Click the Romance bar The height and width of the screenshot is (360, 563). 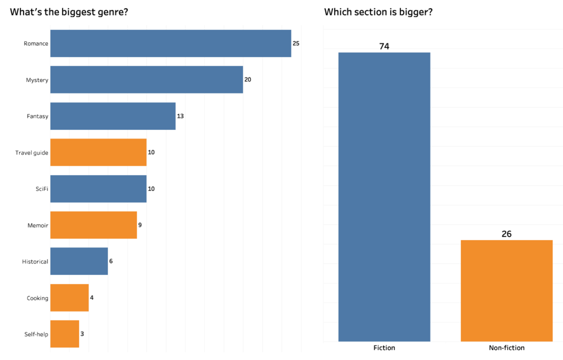click(170, 43)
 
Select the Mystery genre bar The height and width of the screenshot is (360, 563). click(146, 80)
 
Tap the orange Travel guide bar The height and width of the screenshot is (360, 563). click(98, 152)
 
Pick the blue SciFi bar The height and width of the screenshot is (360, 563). click(98, 189)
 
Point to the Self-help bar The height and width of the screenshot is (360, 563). click(65, 334)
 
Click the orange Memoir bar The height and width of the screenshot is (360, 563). click(93, 225)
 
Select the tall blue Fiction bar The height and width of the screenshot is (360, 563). click(384, 197)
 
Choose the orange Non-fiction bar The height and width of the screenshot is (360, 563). click(506, 291)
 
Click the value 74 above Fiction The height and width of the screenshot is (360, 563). click(384, 46)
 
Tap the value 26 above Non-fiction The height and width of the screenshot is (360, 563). click(506, 234)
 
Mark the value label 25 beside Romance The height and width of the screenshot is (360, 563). click(296, 43)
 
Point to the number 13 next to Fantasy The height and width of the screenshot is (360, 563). click(180, 116)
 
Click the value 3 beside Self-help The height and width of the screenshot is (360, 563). click(82, 334)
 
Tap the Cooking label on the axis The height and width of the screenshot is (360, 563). click(37, 298)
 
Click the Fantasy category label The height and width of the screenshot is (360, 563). click(37, 116)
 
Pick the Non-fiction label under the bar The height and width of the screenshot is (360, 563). click(506, 348)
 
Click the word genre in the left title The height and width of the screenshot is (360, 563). click(106, 12)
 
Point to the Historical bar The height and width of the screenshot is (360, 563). click(79, 261)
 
